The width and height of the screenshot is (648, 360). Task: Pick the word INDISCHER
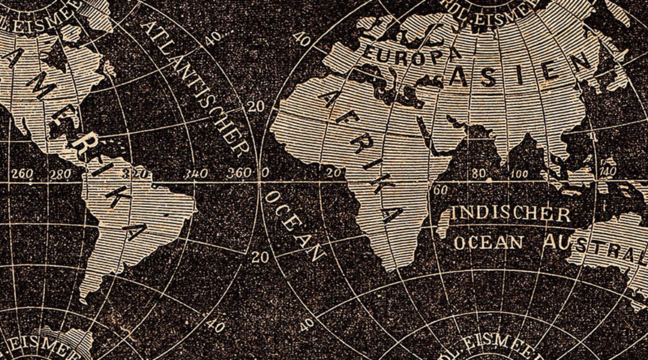[509, 214]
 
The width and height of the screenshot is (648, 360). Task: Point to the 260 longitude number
[22, 175]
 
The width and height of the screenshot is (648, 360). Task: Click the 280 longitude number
[59, 175]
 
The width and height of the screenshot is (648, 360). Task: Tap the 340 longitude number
[196, 174]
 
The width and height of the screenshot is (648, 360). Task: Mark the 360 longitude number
[238, 172]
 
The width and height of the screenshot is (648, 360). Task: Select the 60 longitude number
[442, 190]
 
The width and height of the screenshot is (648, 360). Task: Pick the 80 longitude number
[478, 174]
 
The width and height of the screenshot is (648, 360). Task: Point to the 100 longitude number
[518, 174]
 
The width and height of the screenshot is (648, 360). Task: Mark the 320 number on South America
[138, 173]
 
